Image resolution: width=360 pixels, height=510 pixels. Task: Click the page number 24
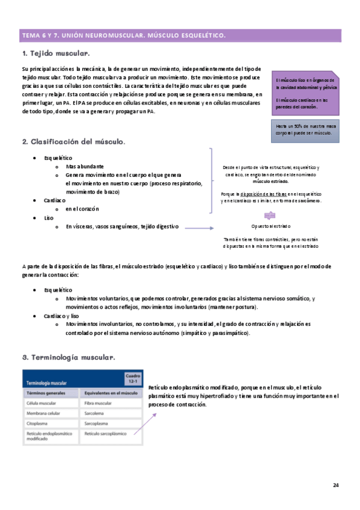click(x=336, y=485)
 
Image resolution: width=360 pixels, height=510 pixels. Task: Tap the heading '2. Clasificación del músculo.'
click(x=73, y=142)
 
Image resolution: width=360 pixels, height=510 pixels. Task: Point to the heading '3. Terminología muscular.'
click(x=68, y=357)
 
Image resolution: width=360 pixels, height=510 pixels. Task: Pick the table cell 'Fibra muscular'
click(x=97, y=403)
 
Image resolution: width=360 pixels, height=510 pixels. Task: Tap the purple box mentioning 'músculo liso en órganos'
click(x=305, y=93)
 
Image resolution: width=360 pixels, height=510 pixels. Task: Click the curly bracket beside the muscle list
click(x=210, y=180)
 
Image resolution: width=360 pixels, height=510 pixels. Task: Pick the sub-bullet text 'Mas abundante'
click(x=85, y=166)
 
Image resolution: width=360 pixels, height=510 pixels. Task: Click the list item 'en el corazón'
click(x=82, y=209)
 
